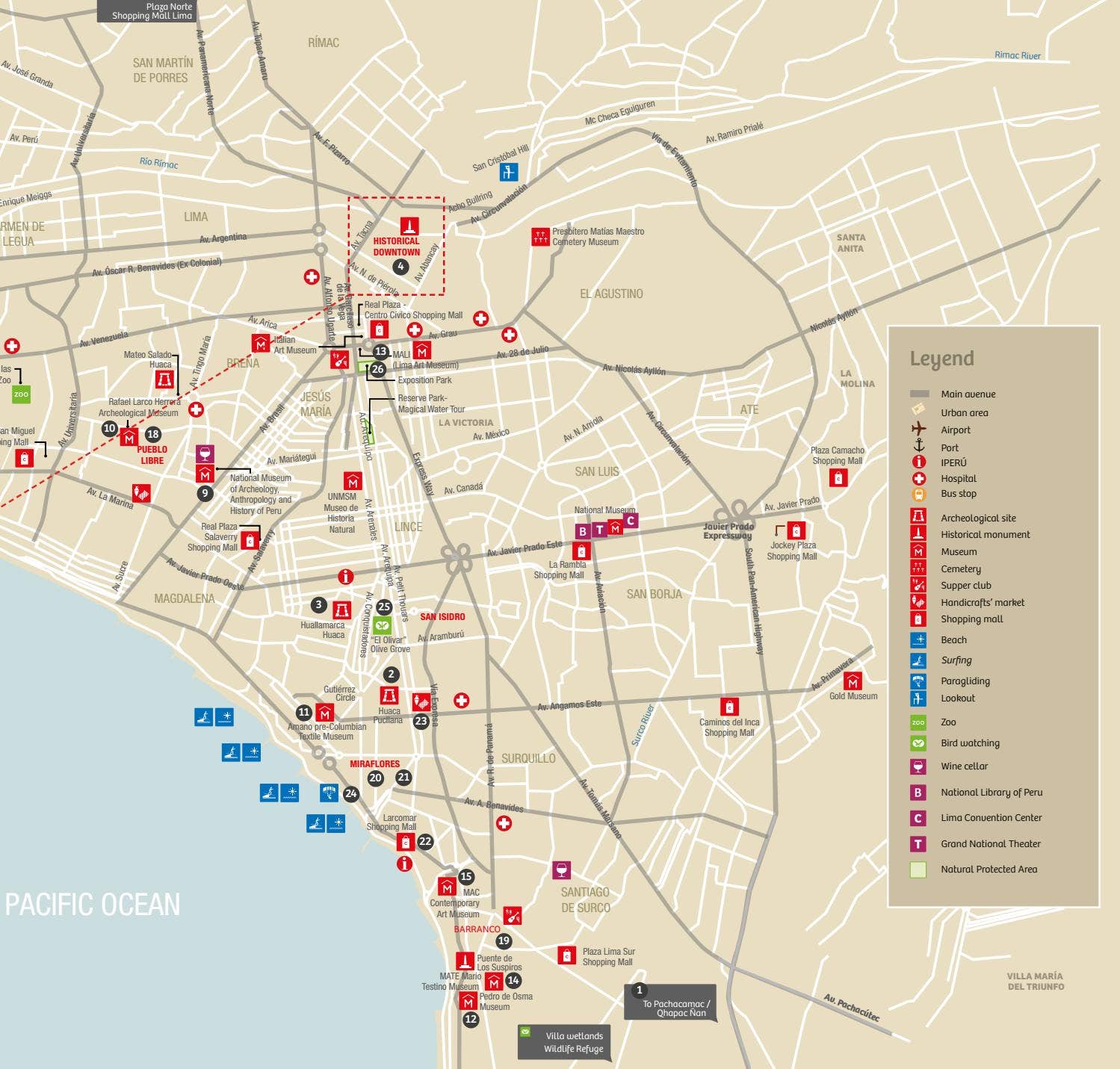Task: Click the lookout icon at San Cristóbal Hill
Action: point(508,172)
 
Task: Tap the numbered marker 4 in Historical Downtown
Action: point(400,267)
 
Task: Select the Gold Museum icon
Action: point(853,681)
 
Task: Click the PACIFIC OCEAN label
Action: point(93,905)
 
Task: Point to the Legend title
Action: point(941,359)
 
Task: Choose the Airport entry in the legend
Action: point(955,430)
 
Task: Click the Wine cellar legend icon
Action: point(918,766)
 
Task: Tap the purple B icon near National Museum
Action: point(583,531)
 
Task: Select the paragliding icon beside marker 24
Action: point(329,792)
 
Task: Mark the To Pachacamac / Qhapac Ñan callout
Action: point(670,1003)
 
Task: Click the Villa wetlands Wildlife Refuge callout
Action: point(565,1041)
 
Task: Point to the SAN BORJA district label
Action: point(654,594)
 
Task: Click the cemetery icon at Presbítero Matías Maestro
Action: point(540,237)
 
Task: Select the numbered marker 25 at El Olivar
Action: point(384,607)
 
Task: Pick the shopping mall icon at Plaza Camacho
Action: point(838,477)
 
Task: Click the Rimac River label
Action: point(1017,55)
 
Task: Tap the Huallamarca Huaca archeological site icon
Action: point(341,610)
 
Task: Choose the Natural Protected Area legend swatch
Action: point(918,869)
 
